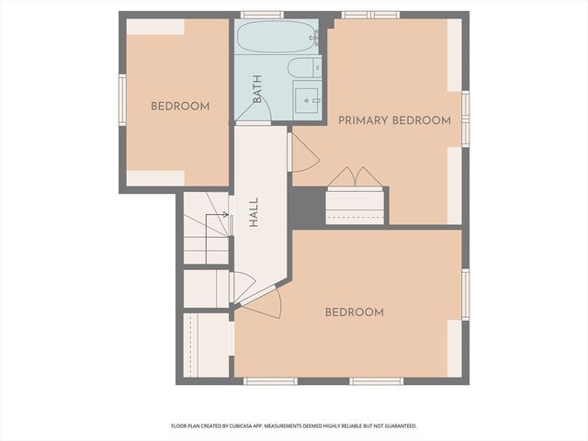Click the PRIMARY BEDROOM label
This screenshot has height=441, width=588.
point(394,120)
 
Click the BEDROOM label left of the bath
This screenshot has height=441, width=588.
point(180,107)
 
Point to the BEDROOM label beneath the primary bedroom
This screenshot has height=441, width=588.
point(355,312)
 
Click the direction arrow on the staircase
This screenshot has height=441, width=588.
point(219,217)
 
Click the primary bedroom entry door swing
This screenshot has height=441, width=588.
point(303,153)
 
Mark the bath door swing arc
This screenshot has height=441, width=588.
point(245,110)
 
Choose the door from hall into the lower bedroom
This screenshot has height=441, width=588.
point(261,304)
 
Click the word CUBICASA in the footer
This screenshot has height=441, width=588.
point(264,426)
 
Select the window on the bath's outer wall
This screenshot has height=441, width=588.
point(262,15)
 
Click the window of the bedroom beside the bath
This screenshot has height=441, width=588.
point(121,101)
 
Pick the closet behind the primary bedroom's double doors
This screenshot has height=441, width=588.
point(355,205)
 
